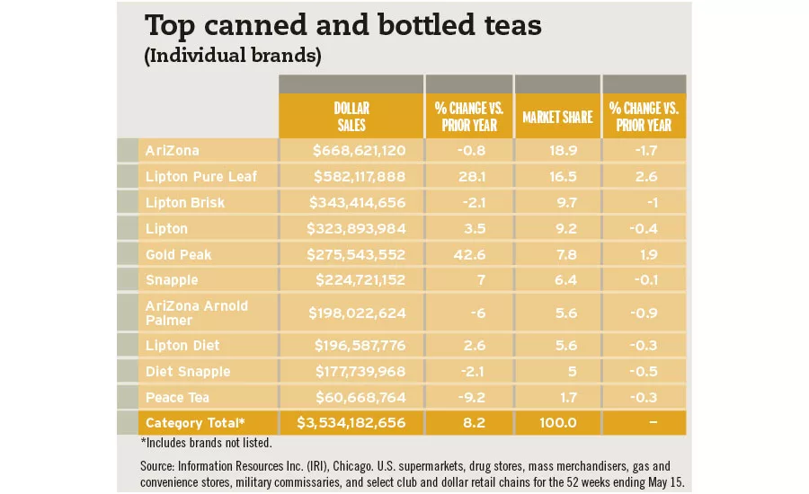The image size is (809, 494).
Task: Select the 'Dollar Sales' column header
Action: pyautogui.click(x=350, y=117)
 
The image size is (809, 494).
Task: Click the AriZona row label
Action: pyautogui.click(x=172, y=150)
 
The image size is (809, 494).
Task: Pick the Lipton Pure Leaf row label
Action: pyautogui.click(x=201, y=176)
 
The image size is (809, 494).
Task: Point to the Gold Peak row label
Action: pyautogui.click(x=178, y=254)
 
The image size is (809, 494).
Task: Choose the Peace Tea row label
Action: pyautogui.click(x=177, y=397)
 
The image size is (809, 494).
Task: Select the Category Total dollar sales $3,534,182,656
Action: pyautogui.click(x=351, y=423)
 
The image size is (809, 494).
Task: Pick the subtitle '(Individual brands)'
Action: pyautogui.click(x=233, y=56)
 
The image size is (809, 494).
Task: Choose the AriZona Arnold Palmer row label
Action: pyautogui.click(x=197, y=313)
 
